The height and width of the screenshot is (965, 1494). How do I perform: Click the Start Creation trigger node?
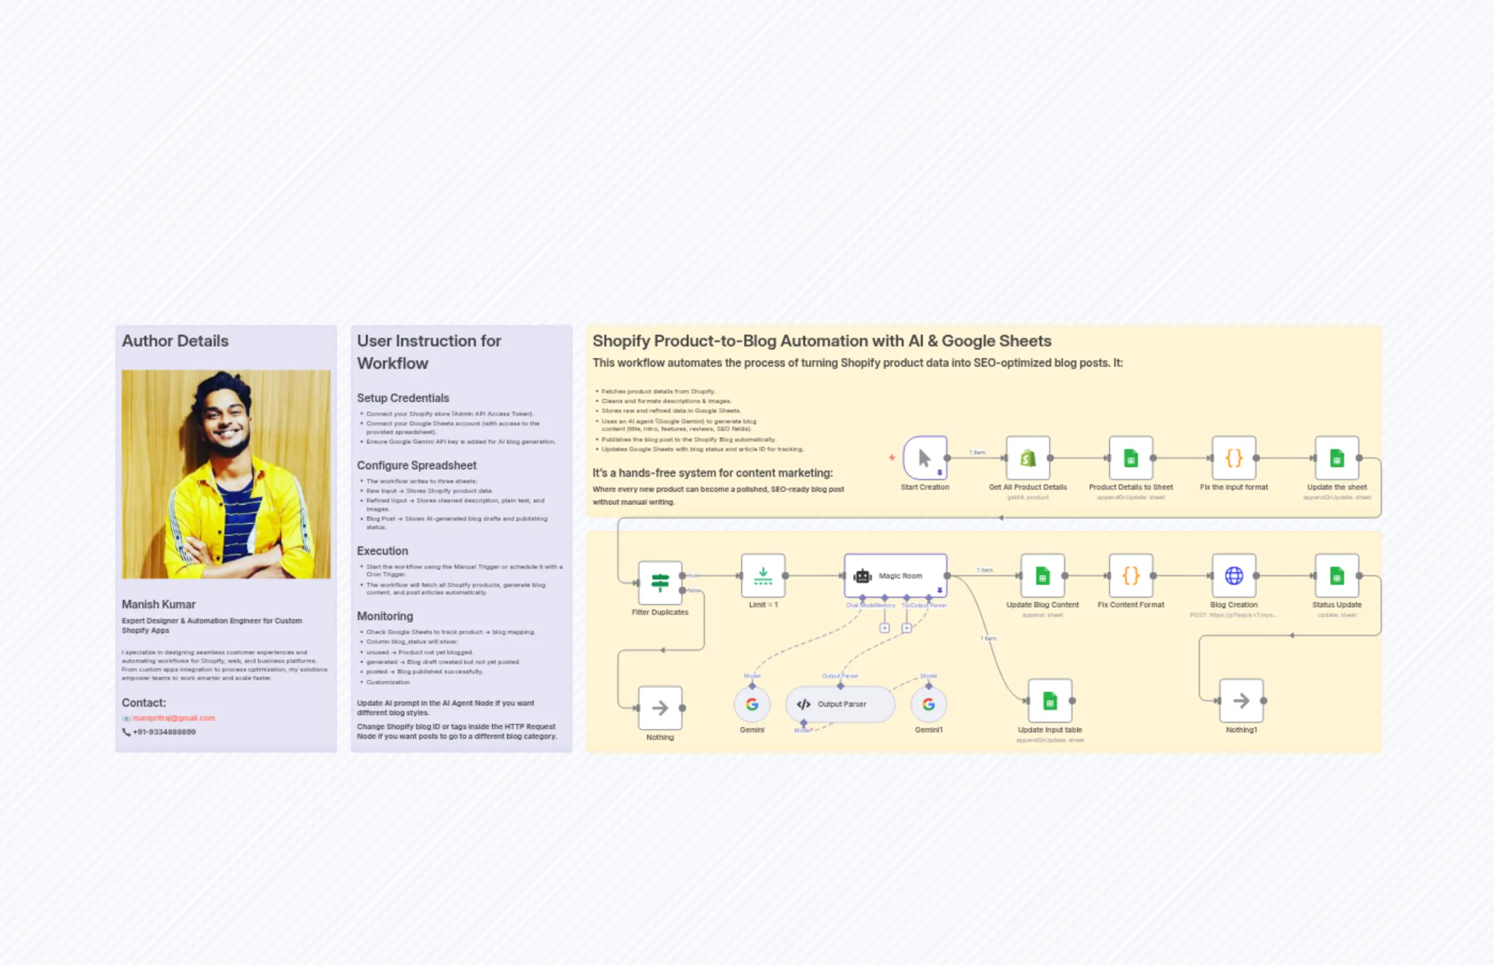tap(925, 458)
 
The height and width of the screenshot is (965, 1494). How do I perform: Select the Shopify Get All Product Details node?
tap(1027, 458)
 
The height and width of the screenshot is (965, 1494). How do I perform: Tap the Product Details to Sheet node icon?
tap(1130, 458)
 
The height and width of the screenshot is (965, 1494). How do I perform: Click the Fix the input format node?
tap(1233, 458)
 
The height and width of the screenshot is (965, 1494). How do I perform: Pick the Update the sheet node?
tap(1336, 458)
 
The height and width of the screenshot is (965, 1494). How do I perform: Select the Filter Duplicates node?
tap(659, 583)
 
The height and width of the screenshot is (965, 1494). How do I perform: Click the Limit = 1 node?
tap(763, 575)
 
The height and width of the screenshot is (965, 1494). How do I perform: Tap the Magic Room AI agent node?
tap(895, 575)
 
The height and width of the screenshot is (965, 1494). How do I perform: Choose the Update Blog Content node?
tap(1042, 575)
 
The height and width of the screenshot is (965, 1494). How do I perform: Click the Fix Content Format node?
tap(1130, 575)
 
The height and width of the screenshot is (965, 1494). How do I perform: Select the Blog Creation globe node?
tap(1233, 575)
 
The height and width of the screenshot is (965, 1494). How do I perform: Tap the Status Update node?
tap(1336, 575)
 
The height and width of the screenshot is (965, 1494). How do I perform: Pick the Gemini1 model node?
tap(928, 704)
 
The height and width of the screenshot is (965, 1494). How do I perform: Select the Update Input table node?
tap(1050, 700)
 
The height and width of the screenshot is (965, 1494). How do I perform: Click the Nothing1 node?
tap(1241, 700)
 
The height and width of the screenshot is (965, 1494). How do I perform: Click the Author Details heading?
tap(175, 341)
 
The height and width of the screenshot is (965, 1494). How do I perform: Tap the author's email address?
tap(174, 718)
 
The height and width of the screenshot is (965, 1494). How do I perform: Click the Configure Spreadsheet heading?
tap(417, 466)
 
